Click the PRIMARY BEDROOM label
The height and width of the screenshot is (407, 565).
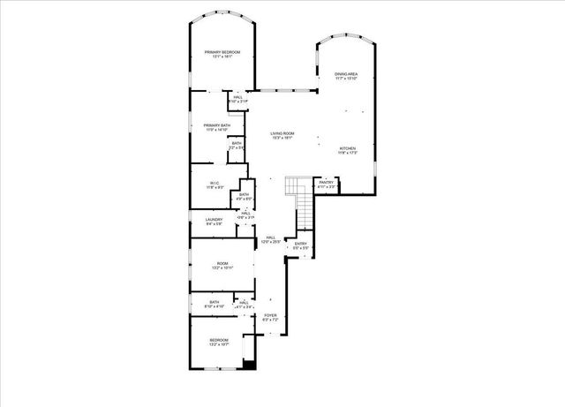(x=222, y=53)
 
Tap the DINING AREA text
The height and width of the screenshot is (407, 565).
(x=346, y=73)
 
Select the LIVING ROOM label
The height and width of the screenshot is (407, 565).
(x=282, y=133)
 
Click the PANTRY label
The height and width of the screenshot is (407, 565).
(x=326, y=182)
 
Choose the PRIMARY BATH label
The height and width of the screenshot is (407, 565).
(x=217, y=125)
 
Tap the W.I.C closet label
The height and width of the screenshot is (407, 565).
(x=215, y=183)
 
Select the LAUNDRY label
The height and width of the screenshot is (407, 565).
(x=214, y=219)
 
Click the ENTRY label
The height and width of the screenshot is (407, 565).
(x=300, y=245)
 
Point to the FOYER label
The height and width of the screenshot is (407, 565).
(x=270, y=315)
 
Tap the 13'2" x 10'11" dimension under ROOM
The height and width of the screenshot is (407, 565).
(x=222, y=268)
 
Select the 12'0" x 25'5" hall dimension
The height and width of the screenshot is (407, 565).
(x=271, y=241)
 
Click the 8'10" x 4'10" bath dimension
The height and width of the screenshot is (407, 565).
(x=214, y=306)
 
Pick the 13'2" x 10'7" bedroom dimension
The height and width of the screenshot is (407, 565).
(x=218, y=344)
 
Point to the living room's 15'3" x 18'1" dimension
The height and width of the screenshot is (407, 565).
(x=282, y=138)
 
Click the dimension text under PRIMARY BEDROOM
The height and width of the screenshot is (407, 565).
(x=222, y=57)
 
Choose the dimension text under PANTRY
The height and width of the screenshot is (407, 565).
(x=326, y=186)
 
